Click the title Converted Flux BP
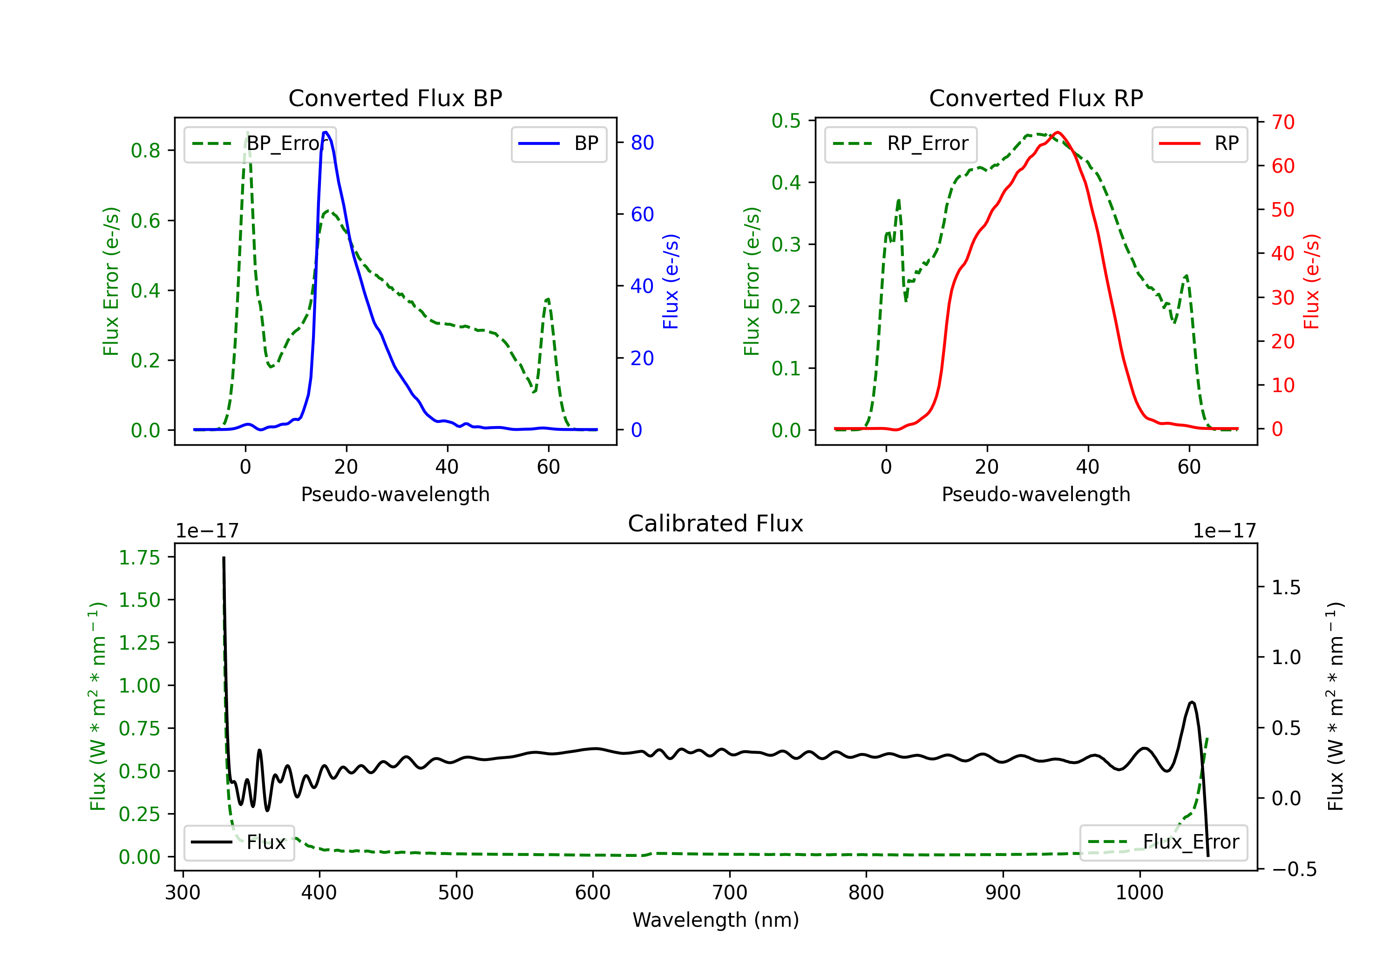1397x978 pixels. pos(395,98)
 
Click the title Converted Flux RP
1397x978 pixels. pos(1036,98)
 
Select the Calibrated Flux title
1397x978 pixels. pos(716,523)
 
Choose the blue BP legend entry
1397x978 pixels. pos(558,143)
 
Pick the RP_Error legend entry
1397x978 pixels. pos(901,143)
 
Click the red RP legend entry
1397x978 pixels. pos(1199,143)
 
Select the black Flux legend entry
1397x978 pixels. pos(238,842)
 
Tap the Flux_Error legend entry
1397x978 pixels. pos(1163,842)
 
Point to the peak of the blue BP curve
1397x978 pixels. pos(326,132)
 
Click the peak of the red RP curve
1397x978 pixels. pos(1058,132)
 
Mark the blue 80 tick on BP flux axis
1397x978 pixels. pos(642,143)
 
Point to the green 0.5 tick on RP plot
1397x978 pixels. pos(786,121)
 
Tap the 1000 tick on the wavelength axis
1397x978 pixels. pos(1139,893)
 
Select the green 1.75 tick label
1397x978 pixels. pos(139,557)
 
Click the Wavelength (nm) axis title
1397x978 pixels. pos(716,920)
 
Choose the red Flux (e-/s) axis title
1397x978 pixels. pos(1311,282)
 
